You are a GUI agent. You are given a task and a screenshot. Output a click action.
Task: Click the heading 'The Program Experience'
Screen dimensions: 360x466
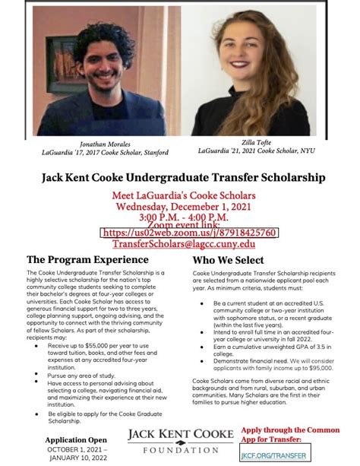[x=77, y=258]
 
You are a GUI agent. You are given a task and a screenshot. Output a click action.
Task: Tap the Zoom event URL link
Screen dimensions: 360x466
[x=189, y=233]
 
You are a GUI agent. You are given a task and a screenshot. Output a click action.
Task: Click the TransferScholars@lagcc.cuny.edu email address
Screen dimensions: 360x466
[x=184, y=244]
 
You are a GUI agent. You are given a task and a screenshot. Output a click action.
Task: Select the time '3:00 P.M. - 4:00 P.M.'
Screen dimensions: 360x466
[x=179, y=217]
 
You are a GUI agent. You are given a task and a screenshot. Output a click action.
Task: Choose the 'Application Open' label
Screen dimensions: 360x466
[x=75, y=439]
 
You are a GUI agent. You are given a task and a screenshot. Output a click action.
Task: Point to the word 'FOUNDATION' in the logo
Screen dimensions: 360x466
[x=181, y=449]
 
